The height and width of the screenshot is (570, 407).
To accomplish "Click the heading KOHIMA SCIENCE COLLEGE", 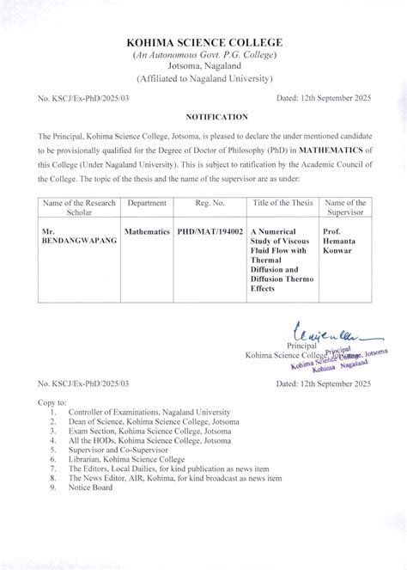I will tap(203, 42).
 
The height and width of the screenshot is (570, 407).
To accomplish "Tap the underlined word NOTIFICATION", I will tap(203, 115).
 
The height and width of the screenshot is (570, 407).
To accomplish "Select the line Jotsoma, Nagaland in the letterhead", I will tap(203, 67).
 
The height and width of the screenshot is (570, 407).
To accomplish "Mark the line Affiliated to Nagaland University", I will tap(203, 79).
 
